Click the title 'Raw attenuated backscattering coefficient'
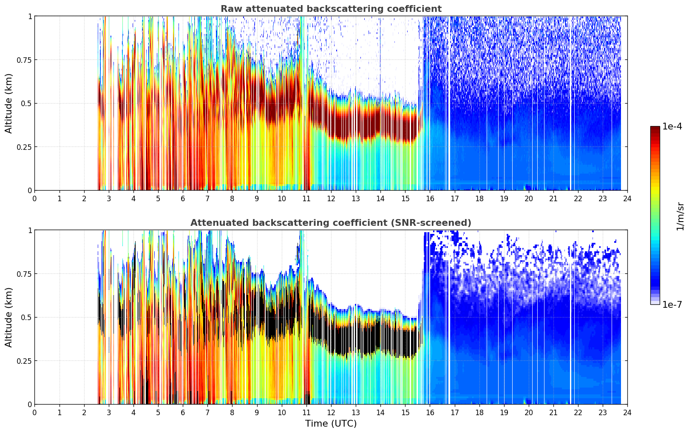[331, 9]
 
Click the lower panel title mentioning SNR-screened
[331, 223]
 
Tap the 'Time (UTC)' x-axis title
[331, 424]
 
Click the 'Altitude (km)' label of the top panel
[9, 103]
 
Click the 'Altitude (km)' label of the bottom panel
[9, 317]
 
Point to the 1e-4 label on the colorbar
[673, 127]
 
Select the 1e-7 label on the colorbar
[672, 305]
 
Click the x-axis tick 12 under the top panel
[331, 198]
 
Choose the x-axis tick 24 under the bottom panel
[627, 412]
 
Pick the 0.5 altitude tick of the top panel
[26, 104]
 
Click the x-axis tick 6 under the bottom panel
[183, 412]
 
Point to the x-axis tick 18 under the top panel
[479, 198]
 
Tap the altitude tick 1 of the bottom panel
[30, 230]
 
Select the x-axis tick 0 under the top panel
[35, 198]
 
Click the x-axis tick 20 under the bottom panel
[528, 412]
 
